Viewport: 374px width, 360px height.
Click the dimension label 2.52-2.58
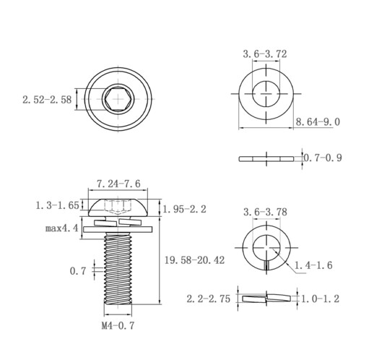(47, 100)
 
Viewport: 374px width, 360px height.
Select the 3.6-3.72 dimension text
(265, 53)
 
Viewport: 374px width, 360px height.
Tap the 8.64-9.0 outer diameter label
(318, 121)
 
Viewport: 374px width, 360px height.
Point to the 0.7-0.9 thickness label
(323, 158)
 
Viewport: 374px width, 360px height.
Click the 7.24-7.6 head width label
(118, 184)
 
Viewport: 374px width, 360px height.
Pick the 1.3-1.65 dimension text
(57, 205)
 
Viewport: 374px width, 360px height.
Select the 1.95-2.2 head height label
(185, 209)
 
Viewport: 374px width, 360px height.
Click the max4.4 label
(62, 228)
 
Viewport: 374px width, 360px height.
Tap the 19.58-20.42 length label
(194, 260)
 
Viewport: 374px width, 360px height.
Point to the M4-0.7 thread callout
(118, 326)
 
